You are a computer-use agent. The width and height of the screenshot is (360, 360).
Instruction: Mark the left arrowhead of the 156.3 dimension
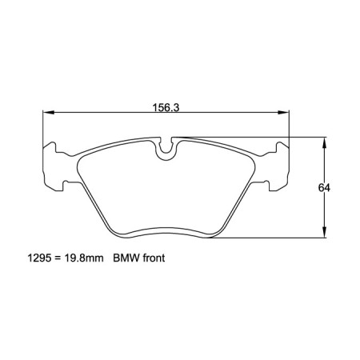pos(47,112)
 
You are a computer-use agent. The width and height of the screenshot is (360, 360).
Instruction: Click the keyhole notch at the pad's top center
pos(166,147)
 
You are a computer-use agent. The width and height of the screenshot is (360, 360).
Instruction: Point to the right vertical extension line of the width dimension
pos(289,128)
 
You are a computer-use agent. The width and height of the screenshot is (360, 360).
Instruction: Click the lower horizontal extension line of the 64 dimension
pos(272,238)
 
